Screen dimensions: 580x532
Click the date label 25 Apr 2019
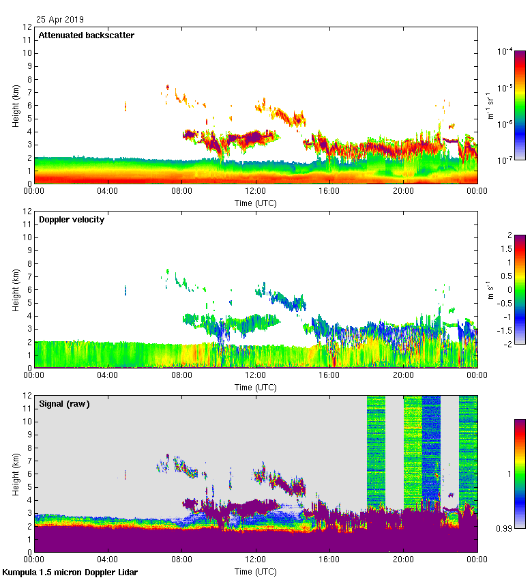click(x=60, y=20)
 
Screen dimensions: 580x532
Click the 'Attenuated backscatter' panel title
click(x=87, y=35)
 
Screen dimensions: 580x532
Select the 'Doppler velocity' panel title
click(x=72, y=219)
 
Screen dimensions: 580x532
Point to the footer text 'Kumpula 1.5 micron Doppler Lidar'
click(x=70, y=572)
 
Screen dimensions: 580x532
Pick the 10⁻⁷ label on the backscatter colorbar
click(x=505, y=160)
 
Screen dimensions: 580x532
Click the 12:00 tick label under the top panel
click(x=255, y=192)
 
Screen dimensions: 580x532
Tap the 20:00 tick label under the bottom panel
click(x=403, y=560)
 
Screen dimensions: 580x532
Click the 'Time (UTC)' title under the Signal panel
click(x=255, y=571)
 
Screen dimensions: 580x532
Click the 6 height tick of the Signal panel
click(x=28, y=474)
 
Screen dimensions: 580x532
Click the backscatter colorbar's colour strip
click(x=520, y=105)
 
